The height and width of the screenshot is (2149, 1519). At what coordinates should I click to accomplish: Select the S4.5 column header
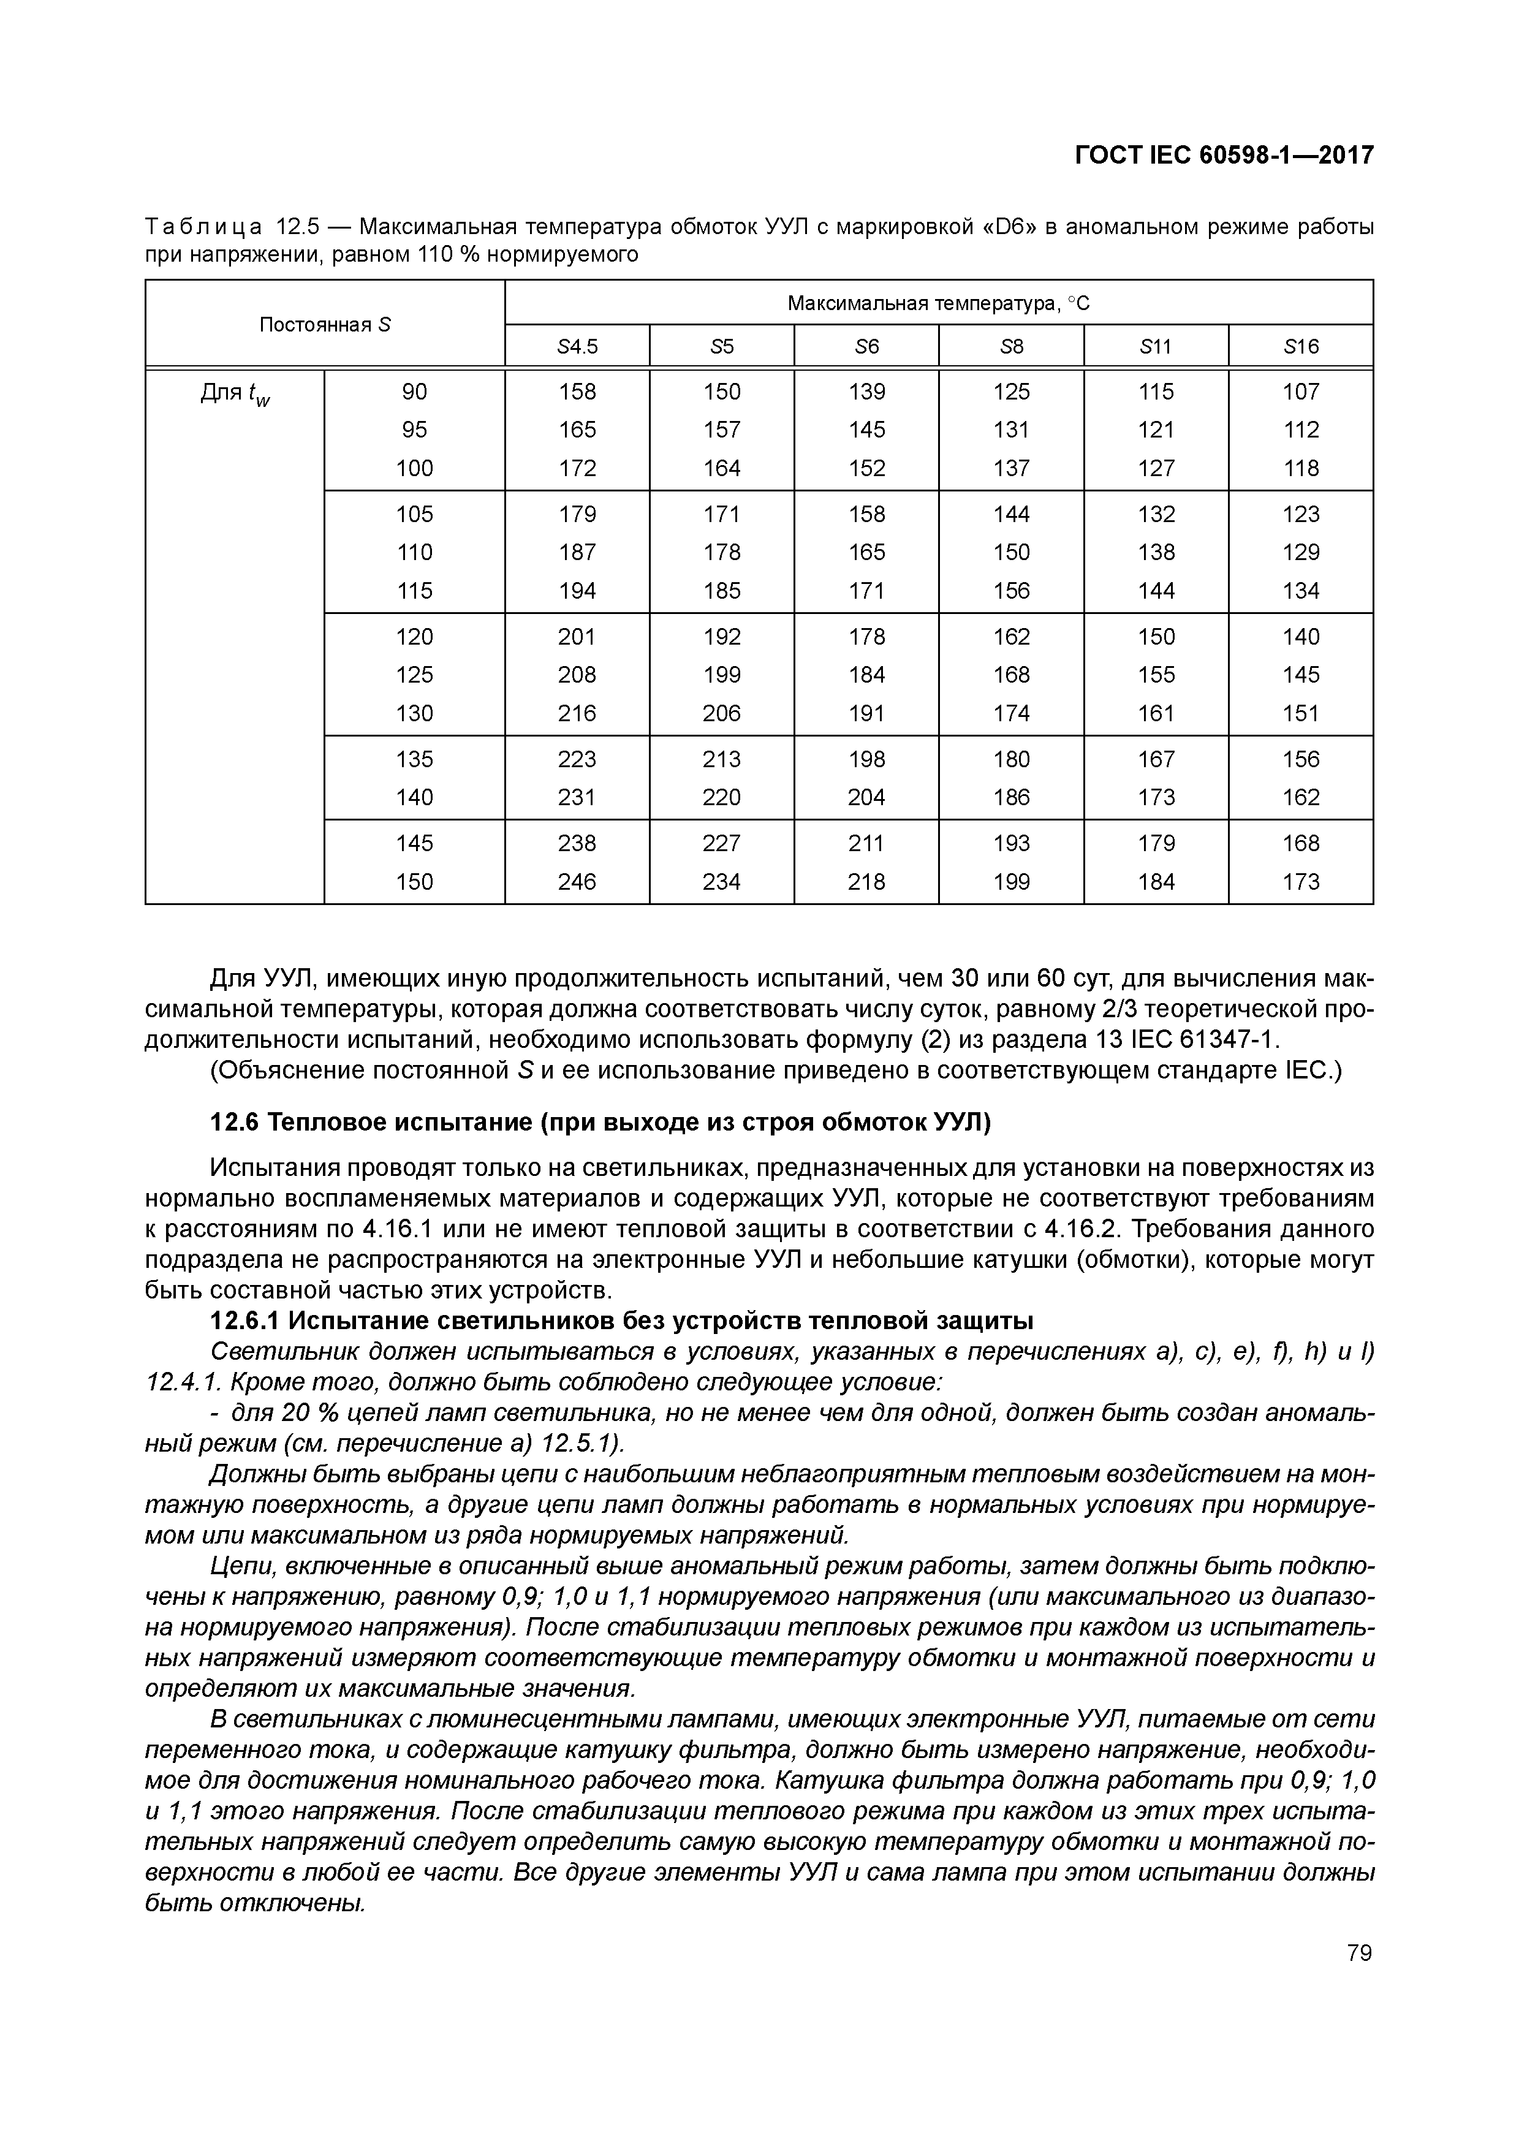point(577,347)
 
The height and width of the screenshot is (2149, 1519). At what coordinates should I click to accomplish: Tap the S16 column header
point(1300,347)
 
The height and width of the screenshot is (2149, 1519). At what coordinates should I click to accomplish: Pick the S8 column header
point(1011,347)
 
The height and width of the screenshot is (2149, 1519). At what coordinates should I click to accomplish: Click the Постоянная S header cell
point(325,325)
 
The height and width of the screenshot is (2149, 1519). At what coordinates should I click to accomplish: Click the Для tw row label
point(235,393)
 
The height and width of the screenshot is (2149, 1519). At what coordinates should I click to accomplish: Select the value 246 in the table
point(577,882)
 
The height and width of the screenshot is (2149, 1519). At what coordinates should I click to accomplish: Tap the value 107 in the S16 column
point(1300,391)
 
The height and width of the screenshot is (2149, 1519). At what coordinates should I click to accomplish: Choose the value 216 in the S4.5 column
point(577,713)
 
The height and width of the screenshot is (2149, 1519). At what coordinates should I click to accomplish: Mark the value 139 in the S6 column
point(866,391)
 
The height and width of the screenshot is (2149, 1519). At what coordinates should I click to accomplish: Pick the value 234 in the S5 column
point(722,882)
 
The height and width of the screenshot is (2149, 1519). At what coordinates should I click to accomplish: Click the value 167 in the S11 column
point(1156,759)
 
